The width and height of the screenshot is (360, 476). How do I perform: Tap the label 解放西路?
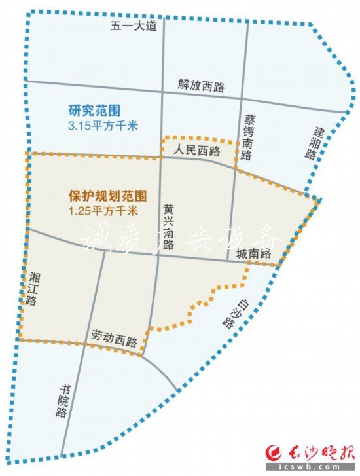200,84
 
